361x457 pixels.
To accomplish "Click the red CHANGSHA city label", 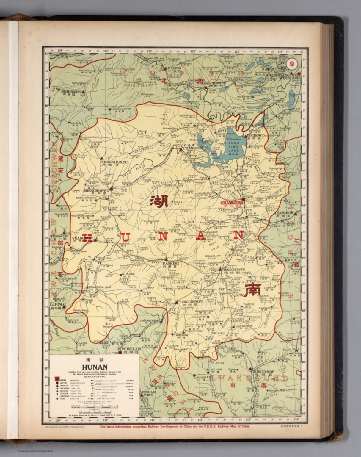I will [232, 203].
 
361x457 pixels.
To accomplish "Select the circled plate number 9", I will [292, 64].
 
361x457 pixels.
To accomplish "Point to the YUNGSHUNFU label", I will [114, 162].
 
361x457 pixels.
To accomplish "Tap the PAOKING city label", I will [171, 263].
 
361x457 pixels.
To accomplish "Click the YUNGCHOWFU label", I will [191, 301].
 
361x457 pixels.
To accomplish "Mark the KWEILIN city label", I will [129, 349].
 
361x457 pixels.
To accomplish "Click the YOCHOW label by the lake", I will [254, 135].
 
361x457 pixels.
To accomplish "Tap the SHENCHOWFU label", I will [96, 190].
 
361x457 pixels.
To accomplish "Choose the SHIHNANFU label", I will [71, 92].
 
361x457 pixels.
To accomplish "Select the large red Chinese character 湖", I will [159, 201].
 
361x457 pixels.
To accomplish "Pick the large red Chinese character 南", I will [252, 290].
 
